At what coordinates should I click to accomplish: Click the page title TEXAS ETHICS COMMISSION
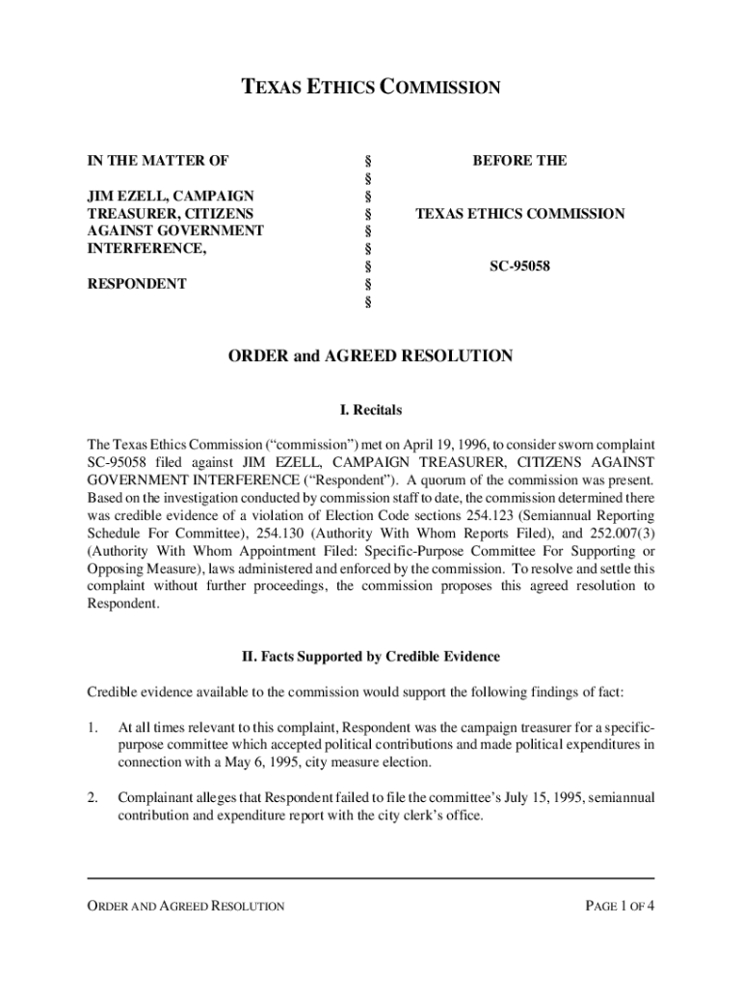tap(370, 89)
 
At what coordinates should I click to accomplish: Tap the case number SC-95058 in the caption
tap(519, 266)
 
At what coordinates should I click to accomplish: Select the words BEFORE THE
tap(519, 161)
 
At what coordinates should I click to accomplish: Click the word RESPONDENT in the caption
tap(137, 284)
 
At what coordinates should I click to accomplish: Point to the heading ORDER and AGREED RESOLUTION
tap(370, 356)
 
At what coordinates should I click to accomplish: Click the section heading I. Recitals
tap(370, 411)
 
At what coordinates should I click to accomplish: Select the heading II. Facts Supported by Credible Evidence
tap(370, 657)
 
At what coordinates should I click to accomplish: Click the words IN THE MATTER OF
tap(158, 161)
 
